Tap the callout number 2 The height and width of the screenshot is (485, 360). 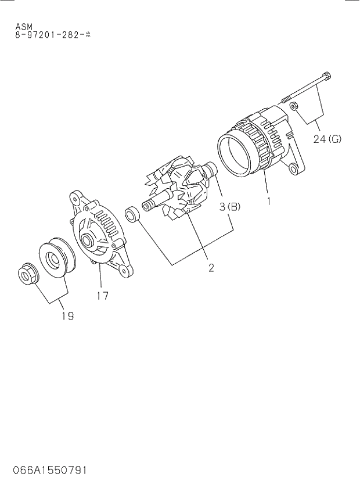[x=211, y=268]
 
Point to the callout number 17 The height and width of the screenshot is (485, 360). [x=102, y=295]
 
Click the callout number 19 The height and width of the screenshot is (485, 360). [x=67, y=316]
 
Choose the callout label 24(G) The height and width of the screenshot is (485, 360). [x=327, y=139]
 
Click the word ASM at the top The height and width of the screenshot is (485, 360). [x=24, y=27]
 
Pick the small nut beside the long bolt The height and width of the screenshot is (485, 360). [x=294, y=106]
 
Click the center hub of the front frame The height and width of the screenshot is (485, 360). [x=88, y=240]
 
